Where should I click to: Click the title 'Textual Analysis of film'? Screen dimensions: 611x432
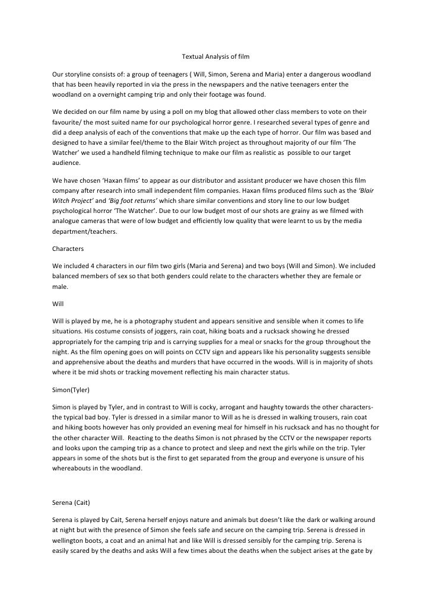pyautogui.click(x=215, y=57)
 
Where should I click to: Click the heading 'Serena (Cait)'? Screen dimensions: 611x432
pyautogui.click(x=71, y=503)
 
